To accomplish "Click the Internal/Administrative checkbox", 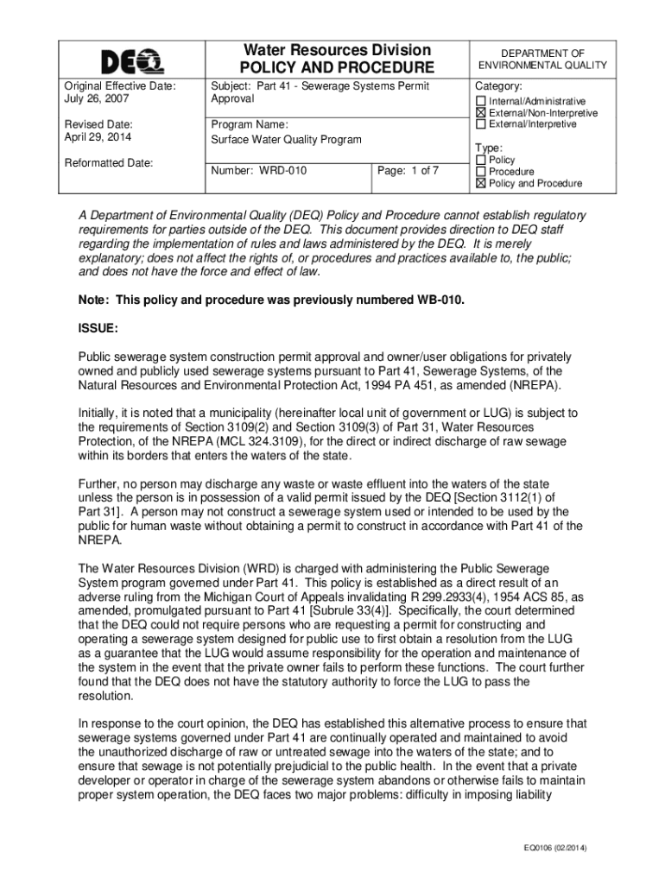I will click(x=481, y=102).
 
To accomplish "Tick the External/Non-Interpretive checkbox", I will click(x=481, y=113).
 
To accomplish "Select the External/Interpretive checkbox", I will click(x=481, y=124).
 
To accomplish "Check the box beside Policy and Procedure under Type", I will click(x=481, y=183).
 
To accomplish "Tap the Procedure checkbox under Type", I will click(x=481, y=172).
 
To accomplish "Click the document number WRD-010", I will click(x=259, y=171).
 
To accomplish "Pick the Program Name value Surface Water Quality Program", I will click(x=287, y=140).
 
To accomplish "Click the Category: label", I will click(x=499, y=87).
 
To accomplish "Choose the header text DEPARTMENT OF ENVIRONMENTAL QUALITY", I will click(x=543, y=59).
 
